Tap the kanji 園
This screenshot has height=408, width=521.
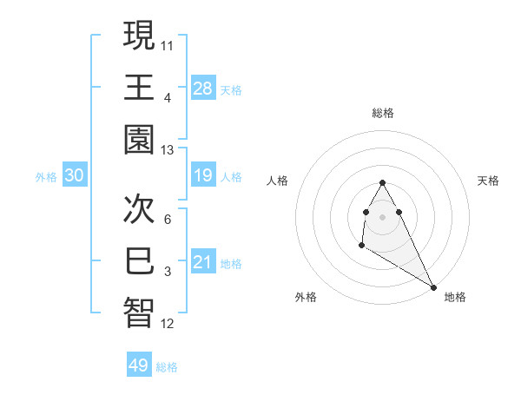(139, 140)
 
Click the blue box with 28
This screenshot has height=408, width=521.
(203, 88)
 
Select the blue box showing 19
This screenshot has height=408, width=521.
(203, 176)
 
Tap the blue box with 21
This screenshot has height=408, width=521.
(203, 262)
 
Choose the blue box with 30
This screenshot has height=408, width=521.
(75, 176)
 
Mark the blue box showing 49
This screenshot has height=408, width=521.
(139, 365)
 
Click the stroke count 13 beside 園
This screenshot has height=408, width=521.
(168, 150)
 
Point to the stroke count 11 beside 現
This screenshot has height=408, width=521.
(168, 43)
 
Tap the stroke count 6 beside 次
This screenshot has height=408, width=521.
(168, 220)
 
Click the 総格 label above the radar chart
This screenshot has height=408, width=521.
(383, 113)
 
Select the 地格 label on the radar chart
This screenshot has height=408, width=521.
(455, 297)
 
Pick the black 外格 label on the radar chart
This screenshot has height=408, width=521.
(306, 297)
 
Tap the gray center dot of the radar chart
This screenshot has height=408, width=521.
(382, 215)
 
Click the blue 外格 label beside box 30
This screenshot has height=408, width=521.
(46, 177)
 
